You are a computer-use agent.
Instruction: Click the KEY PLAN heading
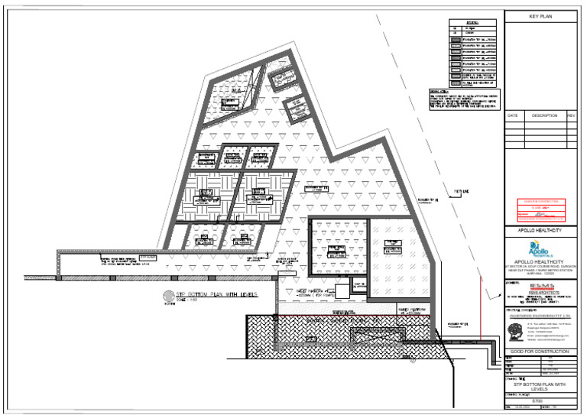click(x=540, y=15)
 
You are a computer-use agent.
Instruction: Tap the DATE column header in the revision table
click(x=512, y=115)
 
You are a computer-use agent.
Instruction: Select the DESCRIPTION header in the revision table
click(x=544, y=115)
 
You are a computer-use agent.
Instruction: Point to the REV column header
click(x=571, y=115)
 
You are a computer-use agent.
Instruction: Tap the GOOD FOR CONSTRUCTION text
click(x=540, y=351)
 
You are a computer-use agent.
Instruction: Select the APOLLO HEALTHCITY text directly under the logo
click(x=540, y=261)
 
